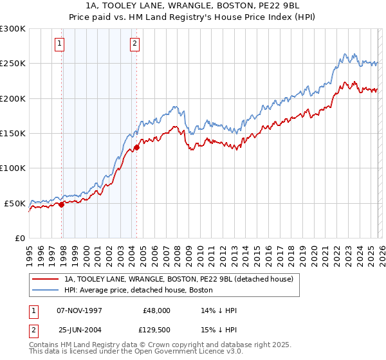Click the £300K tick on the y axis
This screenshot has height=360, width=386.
pos(12,29)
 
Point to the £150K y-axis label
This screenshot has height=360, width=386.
pos(12,133)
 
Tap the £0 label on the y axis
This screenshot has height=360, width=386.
pos(19,238)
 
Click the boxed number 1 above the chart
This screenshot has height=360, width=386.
pos(59,44)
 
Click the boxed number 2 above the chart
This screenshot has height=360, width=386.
pos(134,44)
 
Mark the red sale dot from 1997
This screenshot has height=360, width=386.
pos(62,204)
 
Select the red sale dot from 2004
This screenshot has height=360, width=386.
pos(137,148)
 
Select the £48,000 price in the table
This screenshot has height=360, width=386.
pos(156,310)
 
